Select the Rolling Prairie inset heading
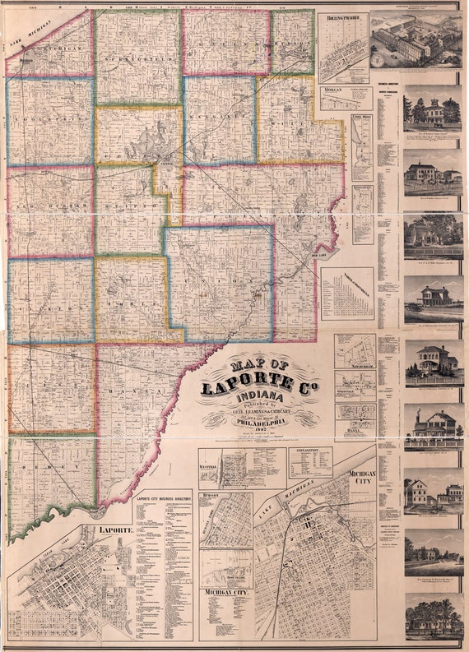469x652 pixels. point(344,16)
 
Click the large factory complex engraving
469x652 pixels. point(416,40)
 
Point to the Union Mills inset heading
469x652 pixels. point(362,119)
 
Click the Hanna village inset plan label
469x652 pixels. point(355,430)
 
